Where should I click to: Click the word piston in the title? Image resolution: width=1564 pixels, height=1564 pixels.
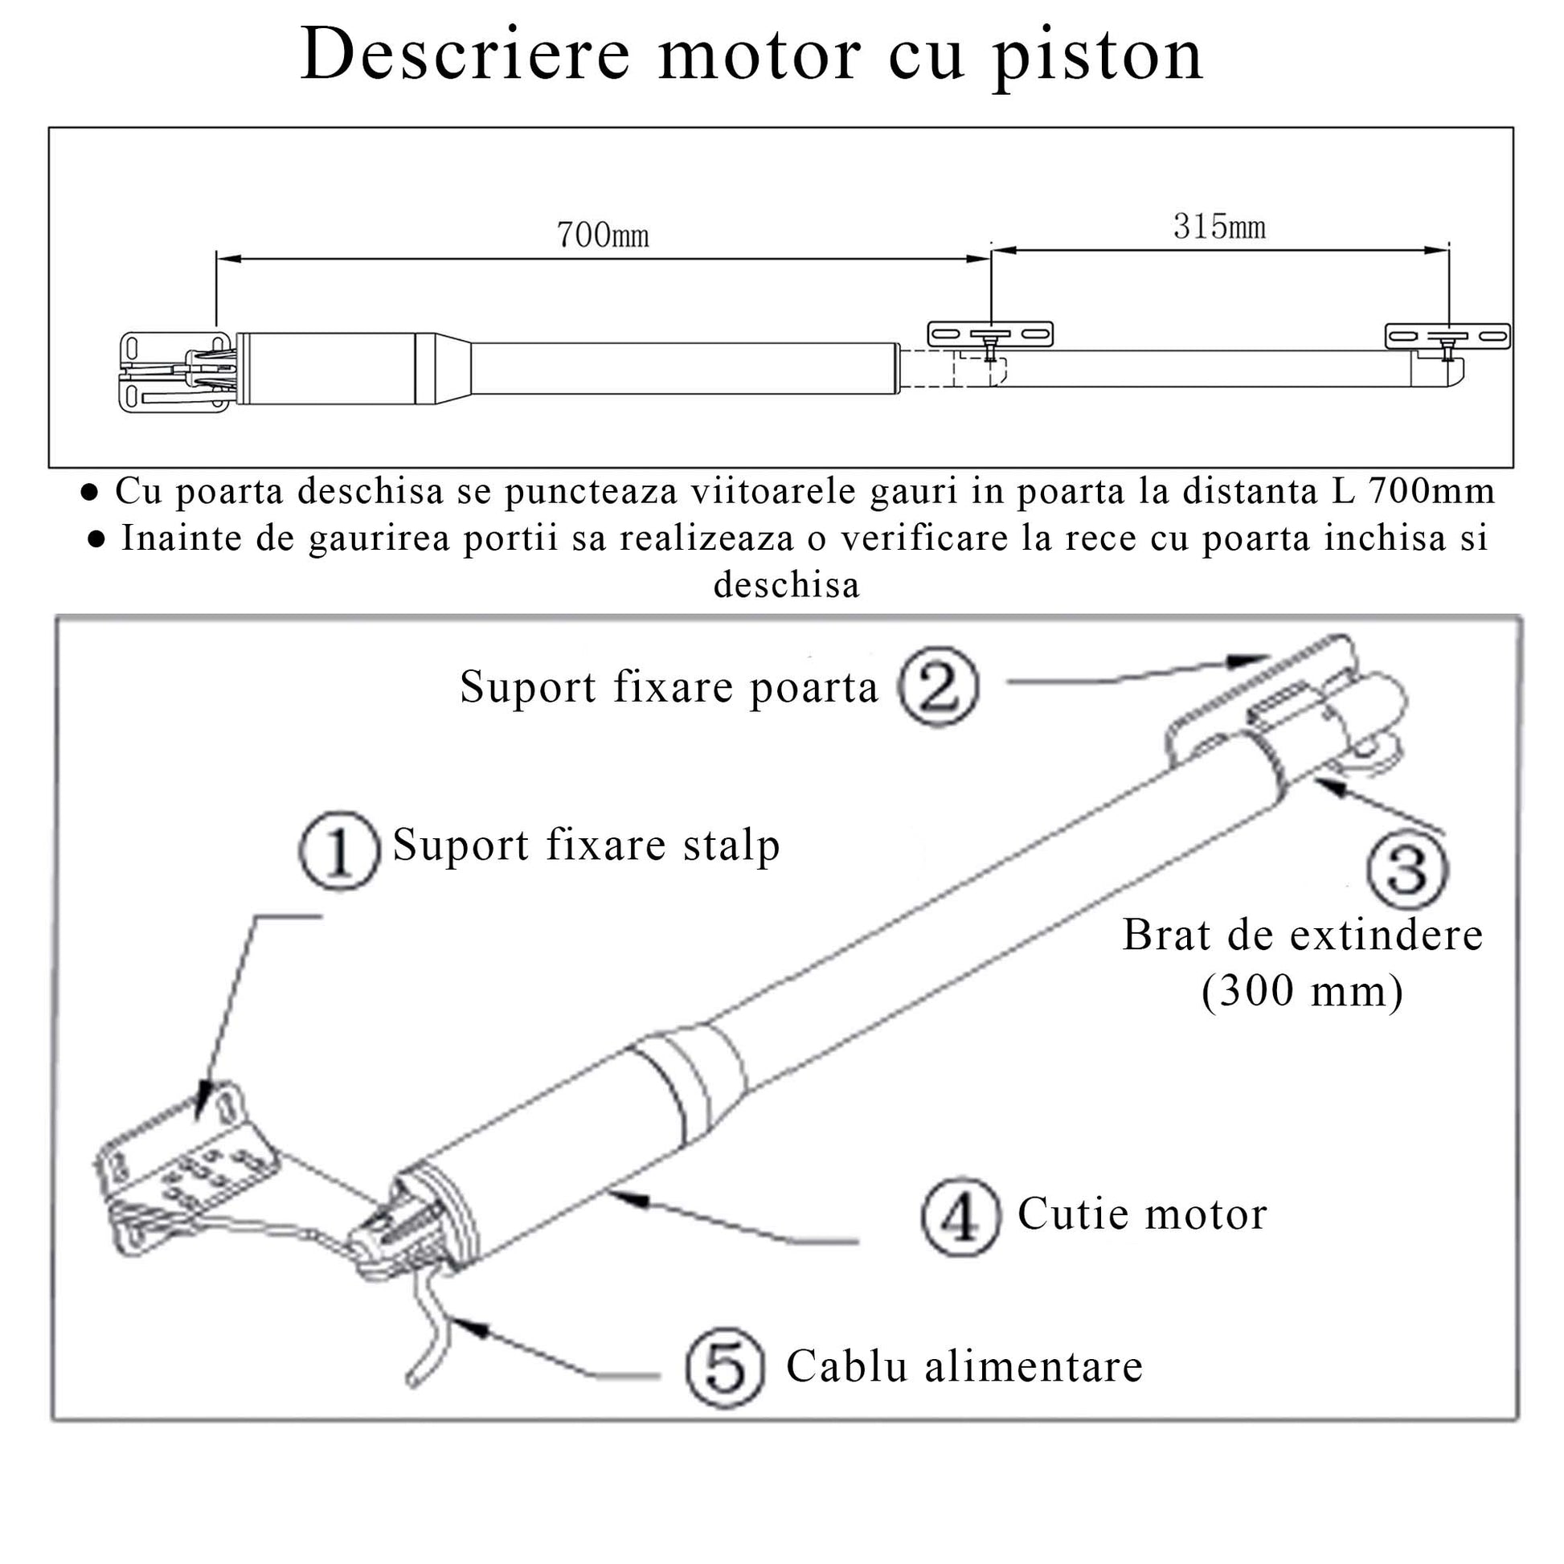[x=1098, y=55]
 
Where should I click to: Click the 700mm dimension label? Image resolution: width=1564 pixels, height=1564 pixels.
[x=602, y=235]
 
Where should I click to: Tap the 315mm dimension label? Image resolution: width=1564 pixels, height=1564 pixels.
[x=1219, y=227]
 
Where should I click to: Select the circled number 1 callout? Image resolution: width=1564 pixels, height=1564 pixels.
[x=338, y=852]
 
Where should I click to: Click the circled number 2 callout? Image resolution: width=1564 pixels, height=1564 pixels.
[x=938, y=686]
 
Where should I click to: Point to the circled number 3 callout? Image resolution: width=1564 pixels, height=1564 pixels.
[x=1407, y=869]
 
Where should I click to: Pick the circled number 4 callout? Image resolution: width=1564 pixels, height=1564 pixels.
[x=961, y=1217]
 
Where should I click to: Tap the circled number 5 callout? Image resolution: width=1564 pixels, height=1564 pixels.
[x=724, y=1367]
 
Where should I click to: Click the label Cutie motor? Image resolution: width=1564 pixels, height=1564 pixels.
[x=1141, y=1214]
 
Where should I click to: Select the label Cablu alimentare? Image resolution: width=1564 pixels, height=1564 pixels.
[x=964, y=1367]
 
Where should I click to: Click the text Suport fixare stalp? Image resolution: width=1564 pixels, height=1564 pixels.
[x=586, y=846]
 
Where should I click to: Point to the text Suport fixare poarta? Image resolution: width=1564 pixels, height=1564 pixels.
[x=669, y=688]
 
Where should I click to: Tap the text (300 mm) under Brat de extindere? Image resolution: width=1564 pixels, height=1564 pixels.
[x=1302, y=990]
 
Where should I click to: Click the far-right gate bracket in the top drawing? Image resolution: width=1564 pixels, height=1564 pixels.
[x=1447, y=336]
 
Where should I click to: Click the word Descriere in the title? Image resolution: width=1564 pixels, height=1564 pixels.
[x=465, y=55]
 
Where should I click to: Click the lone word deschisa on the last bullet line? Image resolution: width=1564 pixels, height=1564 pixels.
[x=786, y=584]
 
